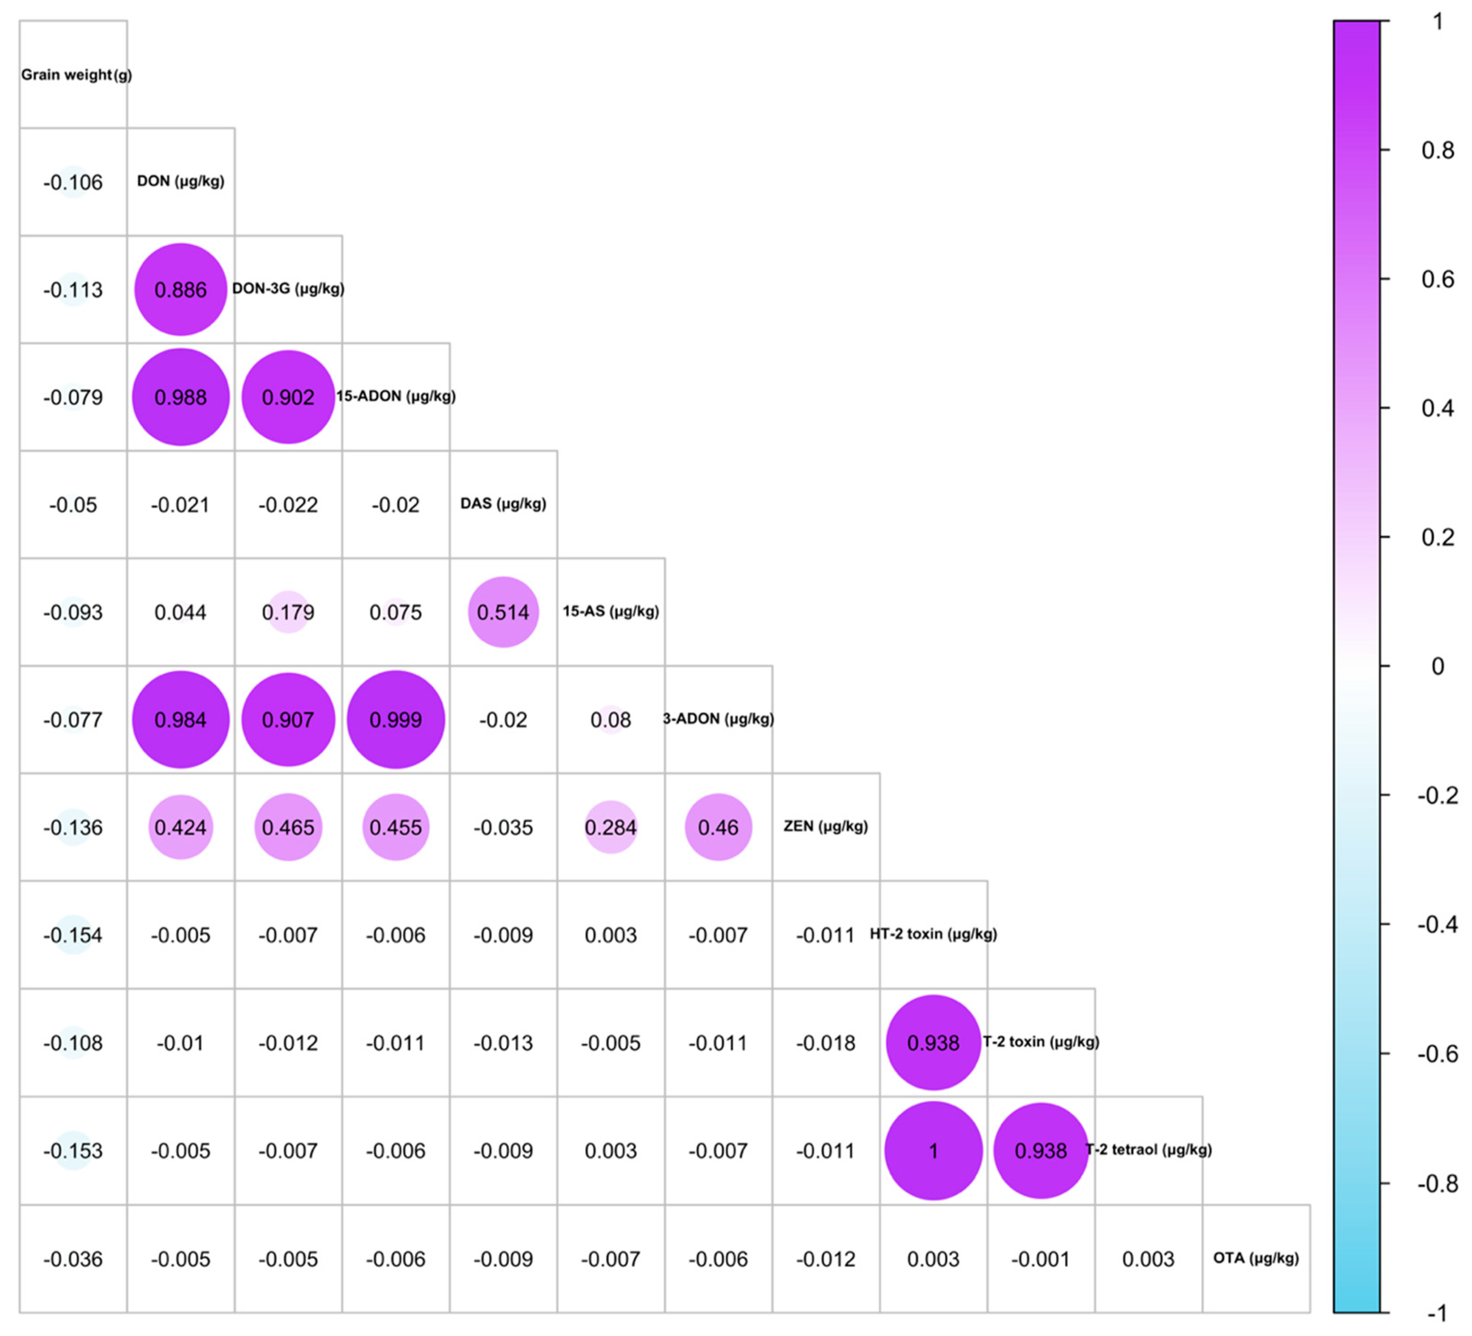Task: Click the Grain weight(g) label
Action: point(76,75)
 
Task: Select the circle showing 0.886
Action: point(180,290)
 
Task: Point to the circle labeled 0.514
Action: point(503,612)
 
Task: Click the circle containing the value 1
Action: point(933,1151)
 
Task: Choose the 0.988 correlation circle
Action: point(180,397)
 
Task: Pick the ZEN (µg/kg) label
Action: point(825,826)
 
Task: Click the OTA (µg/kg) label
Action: point(1256,1258)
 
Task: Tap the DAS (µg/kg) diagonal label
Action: point(503,503)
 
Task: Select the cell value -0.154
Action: point(73,935)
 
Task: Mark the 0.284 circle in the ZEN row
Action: point(611,828)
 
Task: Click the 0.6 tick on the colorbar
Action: point(1437,279)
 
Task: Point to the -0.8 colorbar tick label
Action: point(1437,1183)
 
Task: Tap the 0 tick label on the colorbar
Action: point(1437,666)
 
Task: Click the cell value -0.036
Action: point(73,1259)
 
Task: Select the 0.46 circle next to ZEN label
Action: point(718,828)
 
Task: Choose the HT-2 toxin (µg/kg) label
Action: point(933,934)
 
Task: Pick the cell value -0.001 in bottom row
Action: point(1040,1259)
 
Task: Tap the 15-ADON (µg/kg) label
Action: point(396,396)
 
